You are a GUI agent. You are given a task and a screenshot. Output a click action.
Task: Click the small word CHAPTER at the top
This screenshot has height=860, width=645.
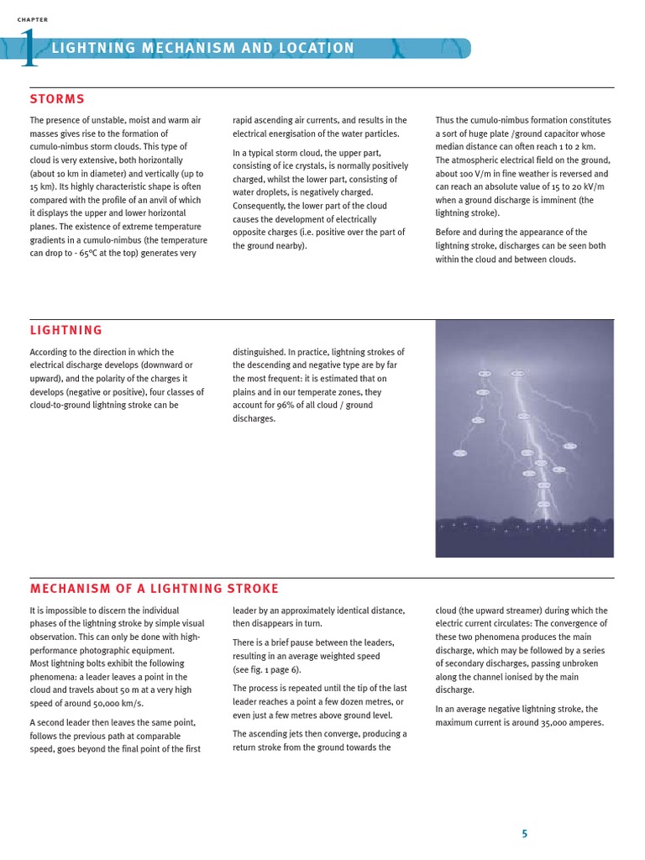coord(33,19)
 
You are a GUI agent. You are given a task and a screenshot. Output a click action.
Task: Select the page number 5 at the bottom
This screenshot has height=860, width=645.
coord(525,834)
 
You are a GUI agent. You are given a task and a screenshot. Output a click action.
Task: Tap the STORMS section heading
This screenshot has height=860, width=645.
coord(57,100)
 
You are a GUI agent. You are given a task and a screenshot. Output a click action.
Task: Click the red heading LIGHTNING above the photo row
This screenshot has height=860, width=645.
coord(66,331)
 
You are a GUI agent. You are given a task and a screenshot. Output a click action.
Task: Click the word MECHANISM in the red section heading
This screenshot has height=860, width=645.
coord(72,589)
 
